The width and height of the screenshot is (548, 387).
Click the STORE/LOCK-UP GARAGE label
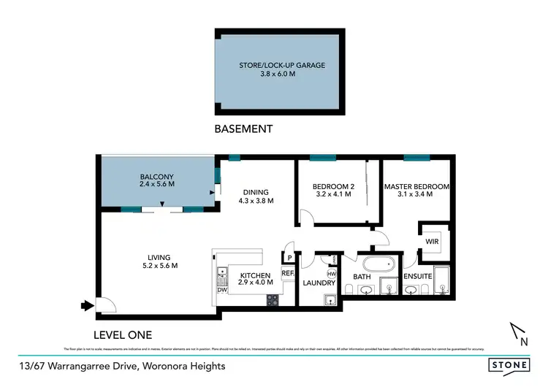pos(281,65)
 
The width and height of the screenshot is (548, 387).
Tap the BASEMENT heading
pos(243,129)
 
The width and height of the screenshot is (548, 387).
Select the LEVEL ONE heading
pos(123,335)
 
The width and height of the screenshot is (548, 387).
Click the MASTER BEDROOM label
pos(416,186)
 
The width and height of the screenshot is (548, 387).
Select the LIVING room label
pos(159,257)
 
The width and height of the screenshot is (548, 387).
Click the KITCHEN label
pos(255,275)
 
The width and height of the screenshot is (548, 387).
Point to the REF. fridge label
pos(287,272)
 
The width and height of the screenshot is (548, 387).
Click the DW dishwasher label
pos(221,289)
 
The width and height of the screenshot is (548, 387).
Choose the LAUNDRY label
pos(319,283)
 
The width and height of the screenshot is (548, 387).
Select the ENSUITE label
pos(417,276)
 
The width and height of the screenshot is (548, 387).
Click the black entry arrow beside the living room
pos(86,305)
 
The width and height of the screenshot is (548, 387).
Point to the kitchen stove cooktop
pos(273,299)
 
